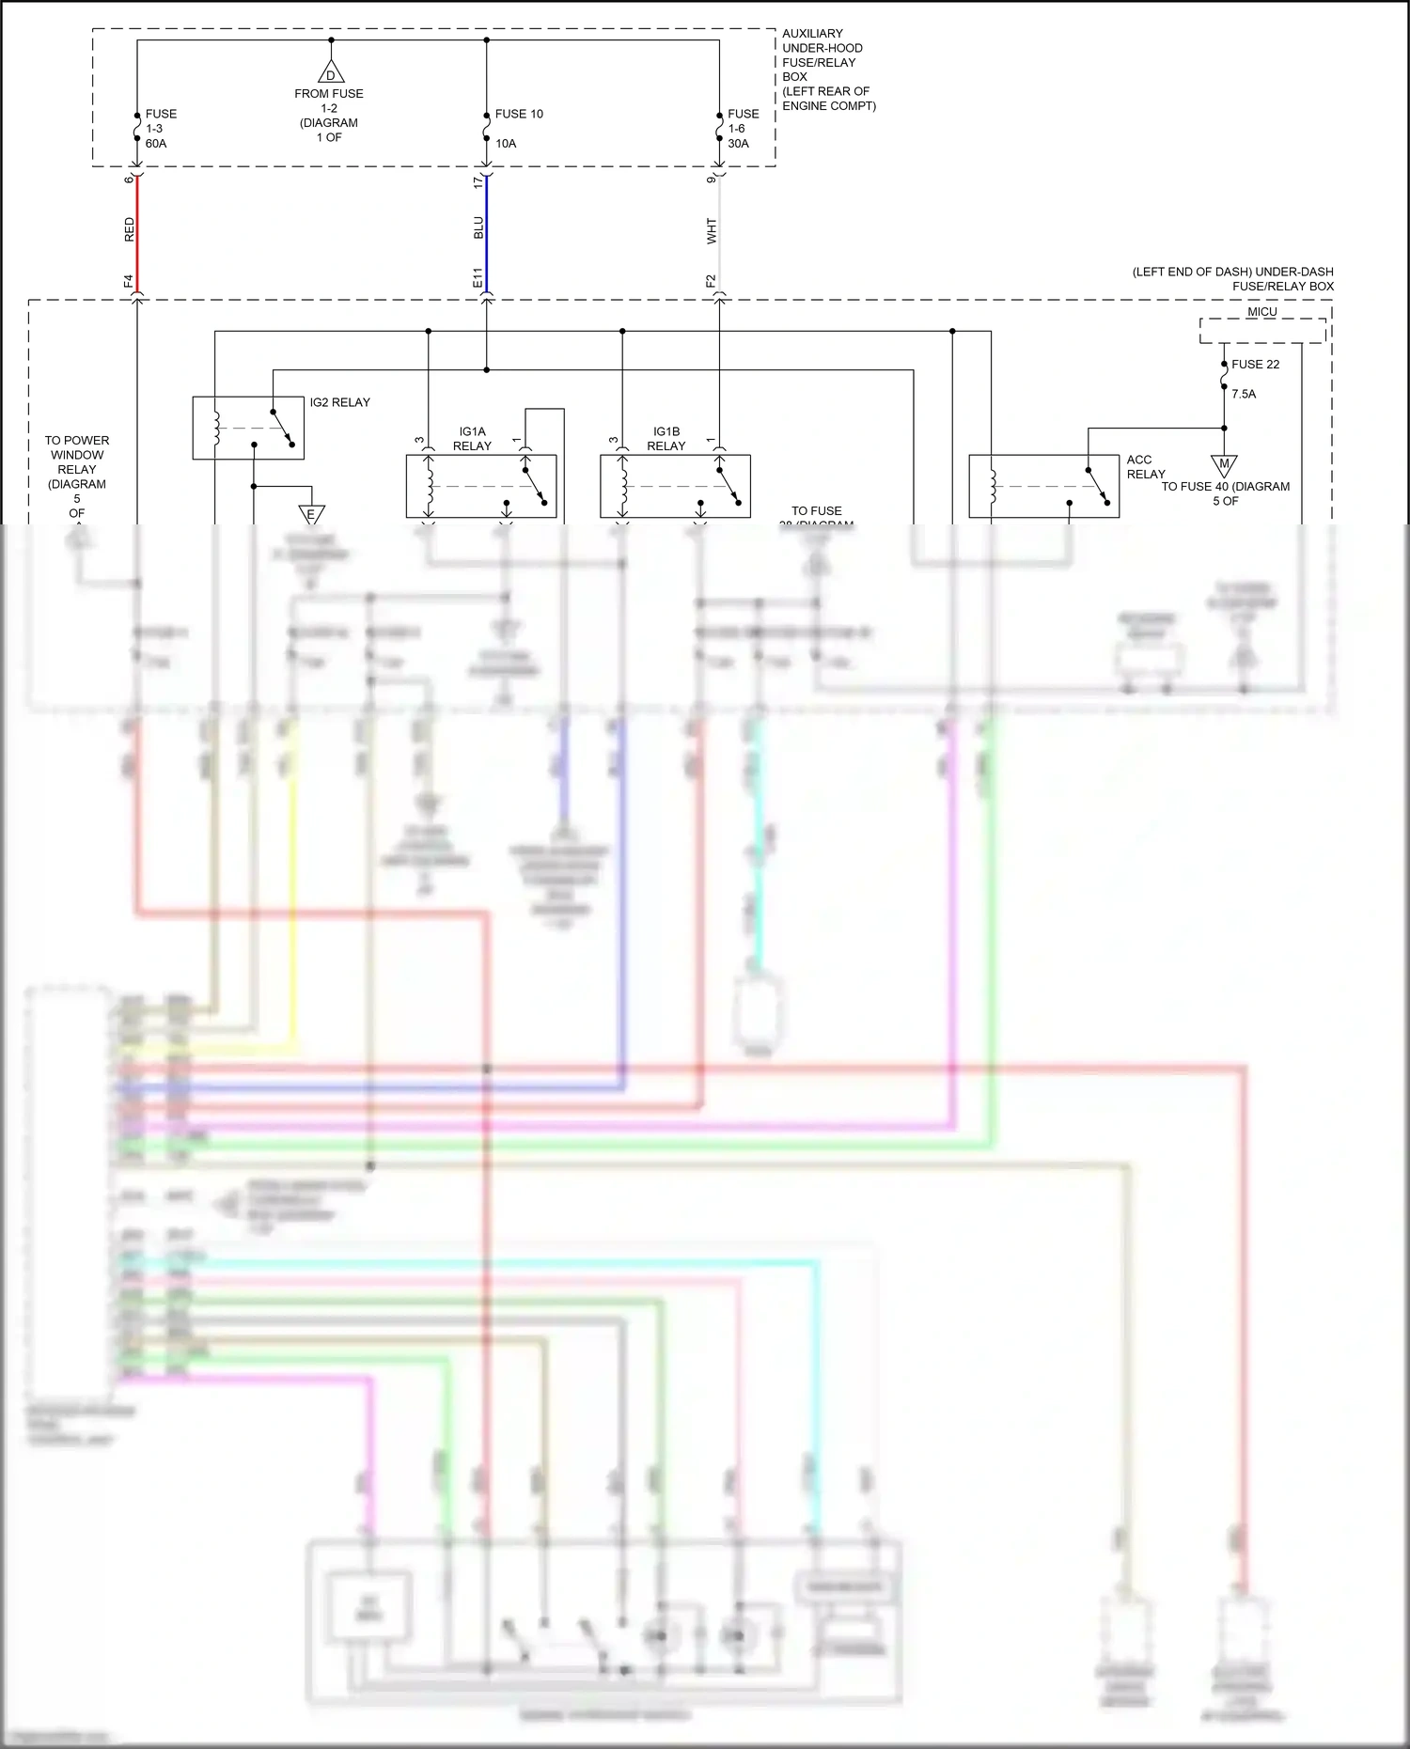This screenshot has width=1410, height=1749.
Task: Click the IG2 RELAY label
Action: pos(339,402)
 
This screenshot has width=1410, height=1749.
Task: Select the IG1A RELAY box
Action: pos(480,486)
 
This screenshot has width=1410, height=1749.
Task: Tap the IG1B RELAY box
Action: pos(675,486)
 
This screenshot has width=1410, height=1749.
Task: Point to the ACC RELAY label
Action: pos(1145,467)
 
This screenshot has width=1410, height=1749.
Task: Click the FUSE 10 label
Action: pos(519,114)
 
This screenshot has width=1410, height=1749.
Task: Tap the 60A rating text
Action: pos(156,144)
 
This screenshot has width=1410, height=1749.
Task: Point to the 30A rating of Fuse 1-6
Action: pos(738,144)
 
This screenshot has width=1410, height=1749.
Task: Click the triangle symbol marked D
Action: pos(330,74)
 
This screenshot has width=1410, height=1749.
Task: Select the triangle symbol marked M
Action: pos(1224,464)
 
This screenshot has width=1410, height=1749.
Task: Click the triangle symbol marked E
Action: pos(311,514)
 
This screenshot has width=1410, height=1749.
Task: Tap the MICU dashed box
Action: pos(1262,330)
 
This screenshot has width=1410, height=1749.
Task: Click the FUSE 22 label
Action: pos(1255,365)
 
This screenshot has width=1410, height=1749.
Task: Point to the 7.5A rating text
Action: pos(1244,394)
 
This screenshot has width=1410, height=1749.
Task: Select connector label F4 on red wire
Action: pos(129,280)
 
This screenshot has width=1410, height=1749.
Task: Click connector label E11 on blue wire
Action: pos(478,278)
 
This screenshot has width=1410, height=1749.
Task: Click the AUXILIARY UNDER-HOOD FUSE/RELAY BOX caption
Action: pos(827,70)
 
